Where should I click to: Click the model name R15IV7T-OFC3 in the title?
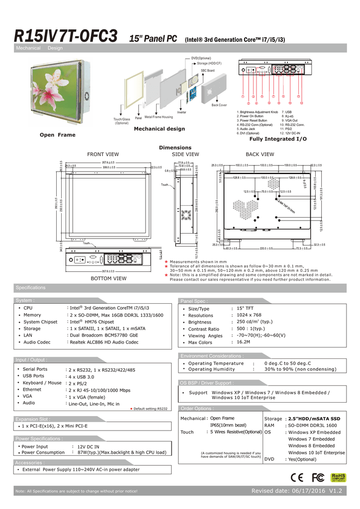66,36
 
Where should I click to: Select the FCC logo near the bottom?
318,478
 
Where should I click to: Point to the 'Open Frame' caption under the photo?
58,135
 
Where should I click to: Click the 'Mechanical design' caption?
159,129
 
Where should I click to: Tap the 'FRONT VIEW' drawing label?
103,155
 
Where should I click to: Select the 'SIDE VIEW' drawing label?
185,155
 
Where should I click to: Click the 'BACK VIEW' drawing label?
260,155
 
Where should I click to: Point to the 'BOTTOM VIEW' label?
108,278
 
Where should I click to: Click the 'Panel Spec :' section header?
194,301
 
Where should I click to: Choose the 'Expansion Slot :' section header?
33,419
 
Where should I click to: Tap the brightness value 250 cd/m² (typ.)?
254,322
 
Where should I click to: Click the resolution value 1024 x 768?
249,315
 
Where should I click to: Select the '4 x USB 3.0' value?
81,377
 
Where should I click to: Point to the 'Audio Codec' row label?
37,342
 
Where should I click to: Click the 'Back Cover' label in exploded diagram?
219,105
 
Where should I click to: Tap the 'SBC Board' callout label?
207,71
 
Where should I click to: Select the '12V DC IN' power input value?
89,447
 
